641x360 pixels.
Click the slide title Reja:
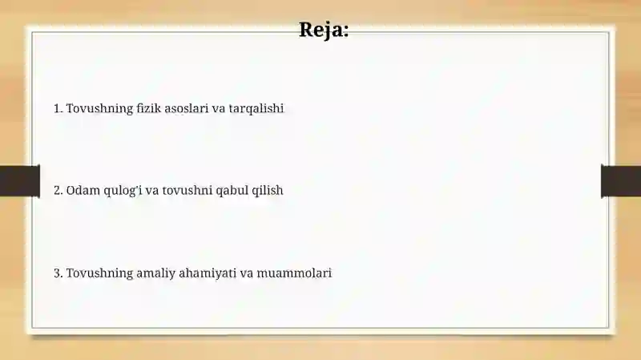pos(324,30)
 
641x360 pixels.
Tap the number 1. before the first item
pos(58,108)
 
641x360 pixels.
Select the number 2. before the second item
pos(58,191)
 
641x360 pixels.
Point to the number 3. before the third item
pos(58,273)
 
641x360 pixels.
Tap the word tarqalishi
pos(256,108)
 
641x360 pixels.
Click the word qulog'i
pos(121,191)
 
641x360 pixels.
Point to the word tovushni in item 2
pos(187,191)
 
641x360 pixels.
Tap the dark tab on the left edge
pos(19,180)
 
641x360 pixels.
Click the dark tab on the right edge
pos(621,180)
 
